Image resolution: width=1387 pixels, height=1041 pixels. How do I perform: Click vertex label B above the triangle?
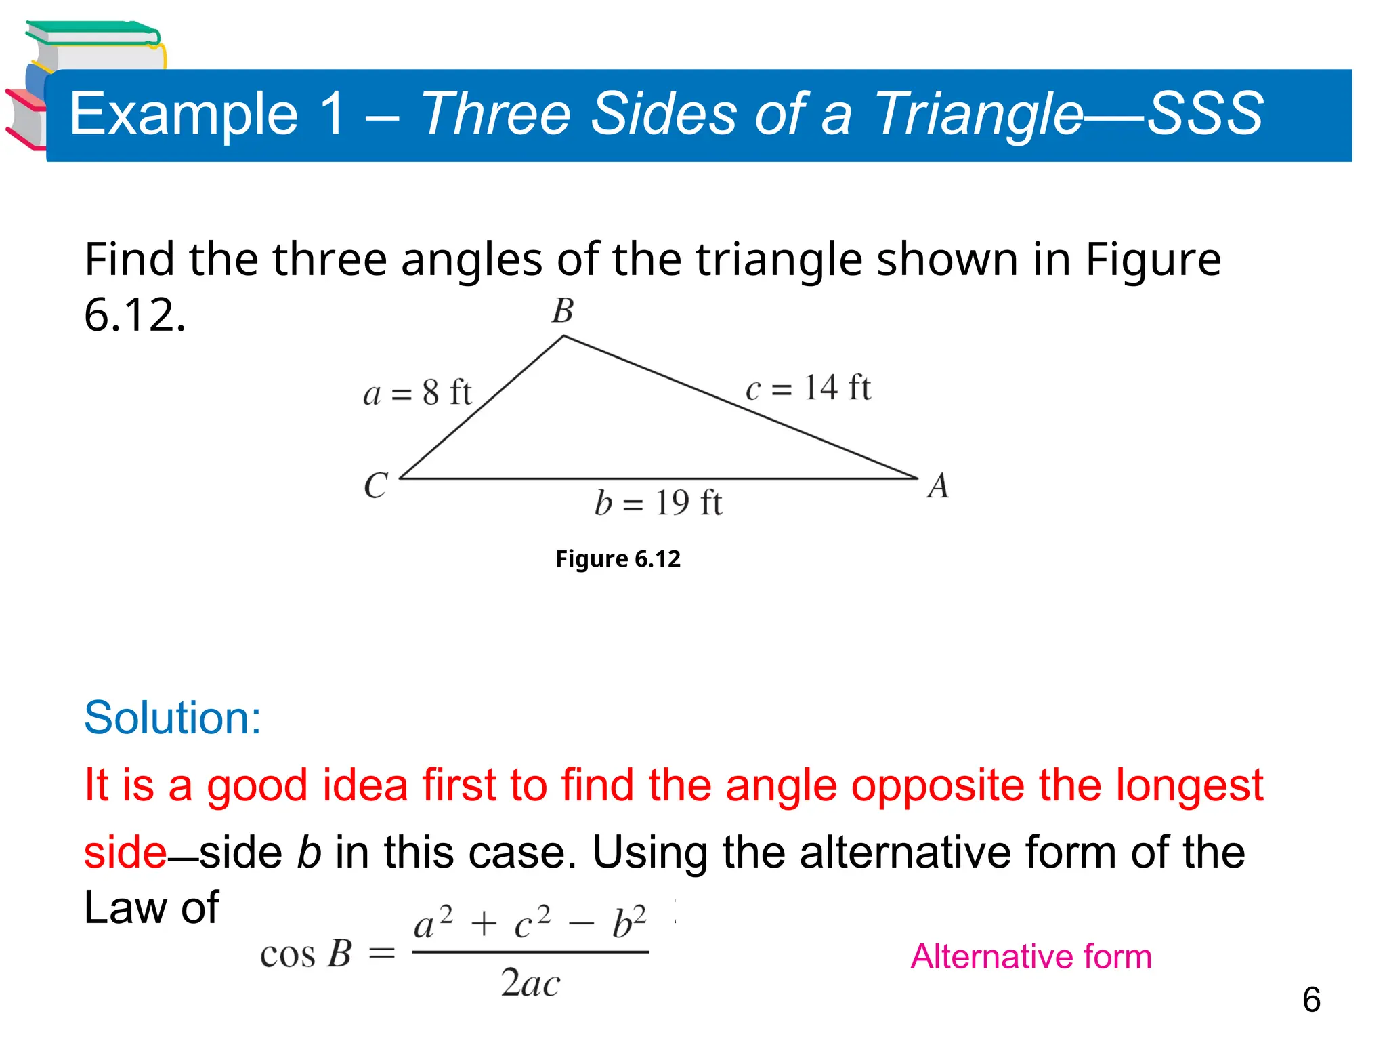[563, 311]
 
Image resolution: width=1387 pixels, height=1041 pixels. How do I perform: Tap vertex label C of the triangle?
[376, 485]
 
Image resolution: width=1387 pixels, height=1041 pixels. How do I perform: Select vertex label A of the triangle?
[938, 486]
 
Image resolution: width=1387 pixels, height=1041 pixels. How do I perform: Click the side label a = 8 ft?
[417, 393]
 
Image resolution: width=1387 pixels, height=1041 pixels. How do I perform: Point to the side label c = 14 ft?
[808, 388]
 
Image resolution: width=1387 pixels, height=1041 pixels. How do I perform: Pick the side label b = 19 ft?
[658, 504]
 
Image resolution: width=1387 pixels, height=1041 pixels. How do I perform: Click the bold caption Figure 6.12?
[618, 559]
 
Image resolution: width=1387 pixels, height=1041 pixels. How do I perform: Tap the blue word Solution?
[173, 718]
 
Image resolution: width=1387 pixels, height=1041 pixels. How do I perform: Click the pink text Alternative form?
[1031, 956]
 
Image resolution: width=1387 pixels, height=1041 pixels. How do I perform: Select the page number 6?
[1311, 1000]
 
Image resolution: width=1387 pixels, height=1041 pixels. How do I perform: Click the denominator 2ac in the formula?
[530, 983]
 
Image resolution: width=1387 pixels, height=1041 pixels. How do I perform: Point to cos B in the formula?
[306, 954]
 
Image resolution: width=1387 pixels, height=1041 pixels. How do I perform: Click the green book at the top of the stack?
[91, 34]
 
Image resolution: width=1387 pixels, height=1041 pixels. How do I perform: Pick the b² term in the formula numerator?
[628, 922]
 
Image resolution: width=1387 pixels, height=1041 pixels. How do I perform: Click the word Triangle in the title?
[979, 114]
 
